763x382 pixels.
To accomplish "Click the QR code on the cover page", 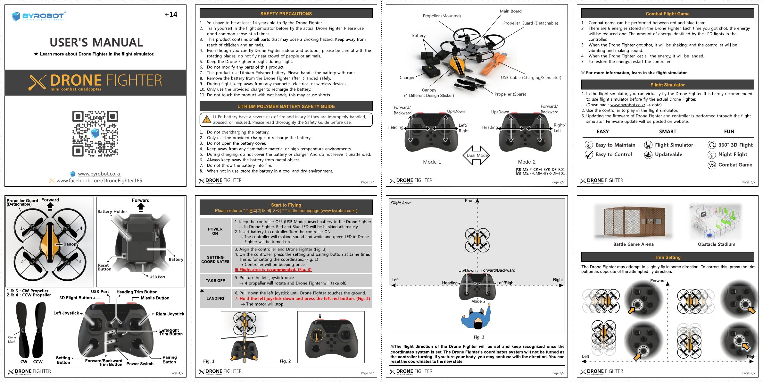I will [x=95, y=133].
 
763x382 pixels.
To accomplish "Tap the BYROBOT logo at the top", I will [x=38, y=16].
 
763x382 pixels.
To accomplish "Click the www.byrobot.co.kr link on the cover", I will [x=99, y=174].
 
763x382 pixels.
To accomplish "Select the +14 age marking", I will [x=171, y=14].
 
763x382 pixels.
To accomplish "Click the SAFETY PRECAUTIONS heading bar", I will [x=286, y=13].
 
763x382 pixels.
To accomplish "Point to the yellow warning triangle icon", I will [x=207, y=120].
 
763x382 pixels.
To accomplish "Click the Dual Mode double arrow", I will [x=477, y=155].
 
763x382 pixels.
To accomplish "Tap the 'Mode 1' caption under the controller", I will [x=432, y=162].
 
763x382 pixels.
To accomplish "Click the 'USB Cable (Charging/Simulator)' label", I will [x=531, y=78].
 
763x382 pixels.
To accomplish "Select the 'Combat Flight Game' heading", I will [x=668, y=13].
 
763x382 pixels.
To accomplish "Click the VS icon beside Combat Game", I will [x=712, y=165].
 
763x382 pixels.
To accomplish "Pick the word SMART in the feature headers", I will [x=668, y=132].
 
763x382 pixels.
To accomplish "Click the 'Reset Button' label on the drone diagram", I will [x=104, y=267].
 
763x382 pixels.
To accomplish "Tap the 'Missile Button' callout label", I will [x=155, y=298].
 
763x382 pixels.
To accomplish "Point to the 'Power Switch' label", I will [x=140, y=364].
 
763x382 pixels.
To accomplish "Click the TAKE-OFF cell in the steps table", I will [x=215, y=281].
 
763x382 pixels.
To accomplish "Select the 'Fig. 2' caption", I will [x=285, y=361].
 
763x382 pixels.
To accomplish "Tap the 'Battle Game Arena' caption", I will [x=633, y=244].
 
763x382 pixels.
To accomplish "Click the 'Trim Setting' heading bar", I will [x=668, y=257].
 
